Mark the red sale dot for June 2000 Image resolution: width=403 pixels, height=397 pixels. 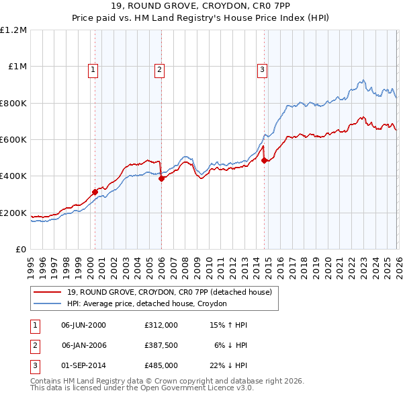click(x=95, y=192)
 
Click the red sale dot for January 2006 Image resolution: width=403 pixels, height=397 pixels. click(x=161, y=178)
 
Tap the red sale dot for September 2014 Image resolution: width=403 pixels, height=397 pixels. click(x=264, y=161)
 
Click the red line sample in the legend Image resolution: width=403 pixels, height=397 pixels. click(x=47, y=292)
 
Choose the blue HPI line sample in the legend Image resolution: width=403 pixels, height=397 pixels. click(x=47, y=304)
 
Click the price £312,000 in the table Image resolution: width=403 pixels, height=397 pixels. click(x=161, y=325)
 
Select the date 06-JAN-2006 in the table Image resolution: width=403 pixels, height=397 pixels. click(x=83, y=345)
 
